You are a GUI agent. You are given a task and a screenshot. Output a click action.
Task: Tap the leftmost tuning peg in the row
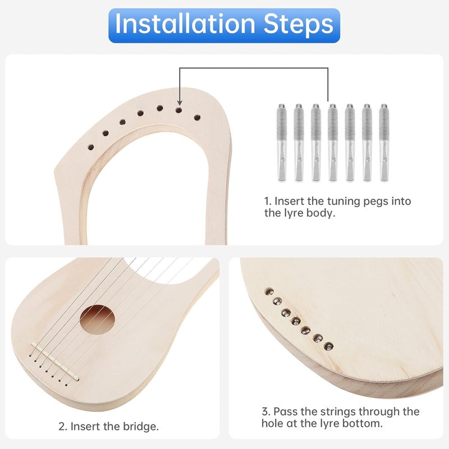click(281, 143)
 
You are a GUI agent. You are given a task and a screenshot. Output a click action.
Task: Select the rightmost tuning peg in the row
click(384, 143)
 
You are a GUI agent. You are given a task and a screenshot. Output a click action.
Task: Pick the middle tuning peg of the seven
click(333, 143)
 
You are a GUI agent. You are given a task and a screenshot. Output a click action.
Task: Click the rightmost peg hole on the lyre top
click(197, 117)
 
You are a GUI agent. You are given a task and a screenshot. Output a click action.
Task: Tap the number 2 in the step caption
click(62, 427)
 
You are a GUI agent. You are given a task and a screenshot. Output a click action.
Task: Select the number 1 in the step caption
click(267, 201)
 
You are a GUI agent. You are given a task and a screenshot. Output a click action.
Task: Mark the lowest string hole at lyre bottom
click(329, 346)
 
